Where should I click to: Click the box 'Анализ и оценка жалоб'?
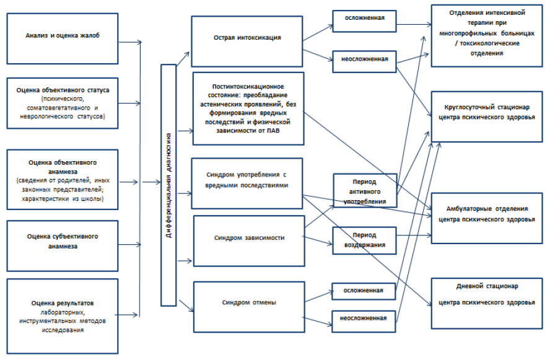pos(62,37)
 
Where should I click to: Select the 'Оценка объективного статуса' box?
pos(62,103)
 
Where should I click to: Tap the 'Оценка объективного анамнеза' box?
pos(62,176)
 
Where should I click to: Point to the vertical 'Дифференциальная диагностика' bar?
pos(168,185)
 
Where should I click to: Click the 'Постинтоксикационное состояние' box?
pos(247,103)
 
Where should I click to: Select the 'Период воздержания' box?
pos(364,240)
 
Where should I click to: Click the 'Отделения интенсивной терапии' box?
pos(486,34)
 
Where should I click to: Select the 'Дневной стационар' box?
pos(486,295)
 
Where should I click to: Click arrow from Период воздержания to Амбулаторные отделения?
pos(412,235)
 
